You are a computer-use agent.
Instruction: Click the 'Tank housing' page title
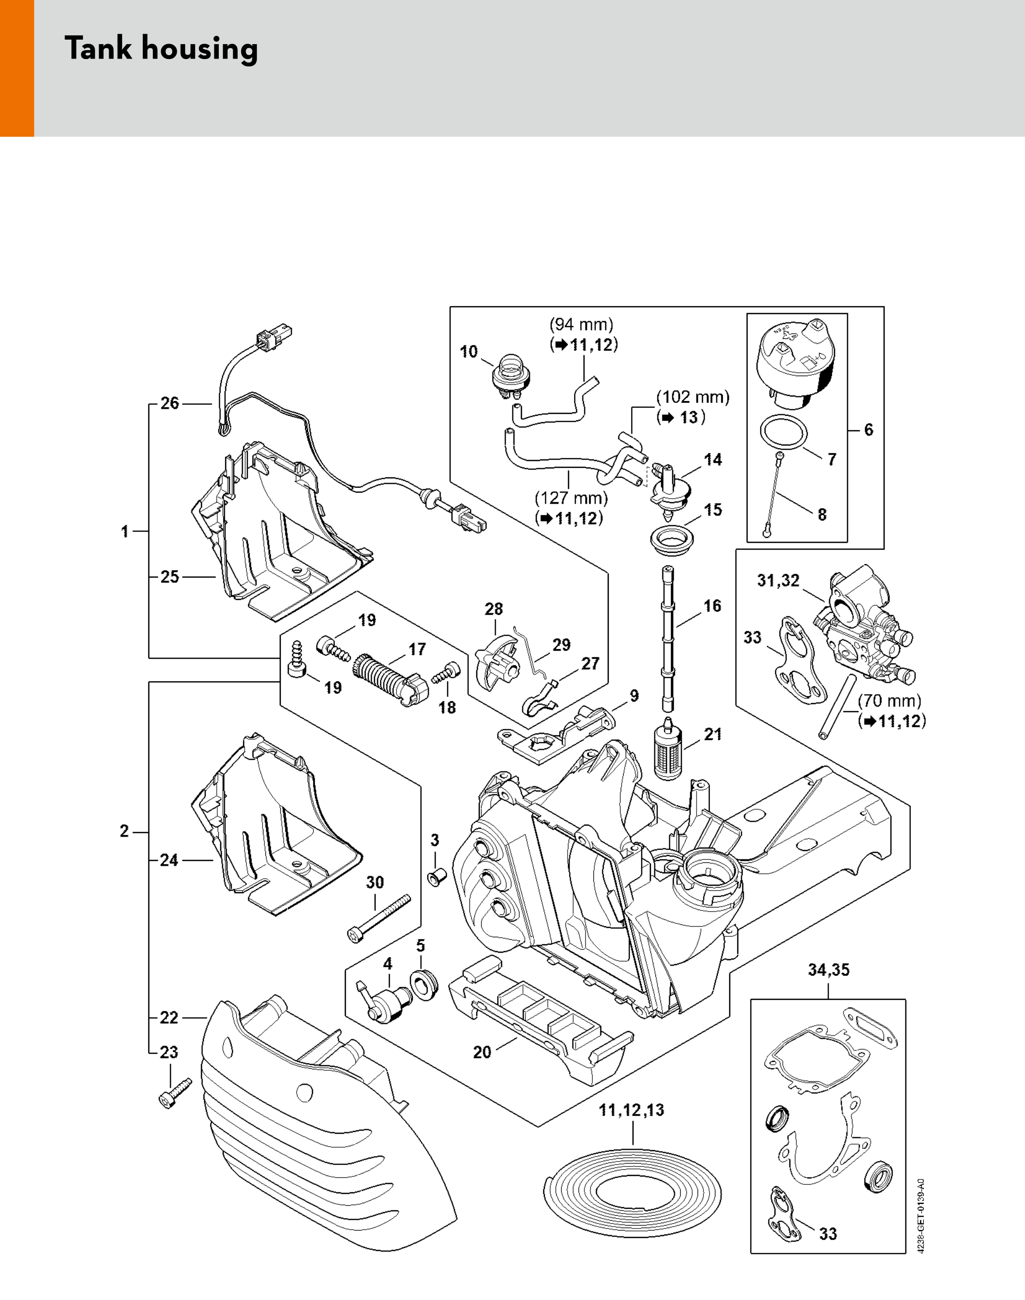[161, 49]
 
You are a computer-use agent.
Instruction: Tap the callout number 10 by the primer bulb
[469, 351]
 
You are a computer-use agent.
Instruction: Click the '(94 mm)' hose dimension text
[581, 325]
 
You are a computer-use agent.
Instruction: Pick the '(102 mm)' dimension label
[693, 397]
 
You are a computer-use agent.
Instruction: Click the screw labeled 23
[175, 1093]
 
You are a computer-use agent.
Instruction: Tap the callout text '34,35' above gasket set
[828, 970]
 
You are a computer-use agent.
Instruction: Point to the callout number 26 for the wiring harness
[170, 403]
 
